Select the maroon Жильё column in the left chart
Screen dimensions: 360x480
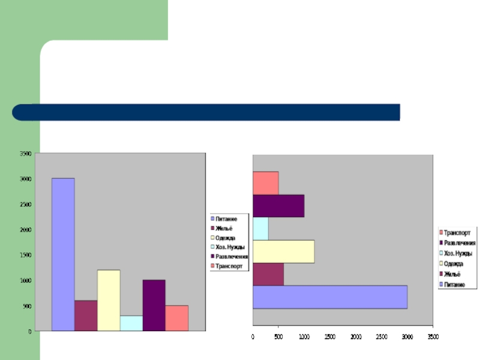point(86,315)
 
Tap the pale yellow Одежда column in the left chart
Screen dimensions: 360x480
point(109,300)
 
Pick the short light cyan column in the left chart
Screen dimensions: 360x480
point(131,323)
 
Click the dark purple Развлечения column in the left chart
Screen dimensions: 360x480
point(154,305)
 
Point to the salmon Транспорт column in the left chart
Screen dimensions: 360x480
point(176,318)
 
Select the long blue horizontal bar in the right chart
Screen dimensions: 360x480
point(330,297)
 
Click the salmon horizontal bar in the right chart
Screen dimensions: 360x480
point(265,183)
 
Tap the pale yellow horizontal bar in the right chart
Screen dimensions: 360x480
point(283,251)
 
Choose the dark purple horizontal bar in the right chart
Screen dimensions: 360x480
point(278,206)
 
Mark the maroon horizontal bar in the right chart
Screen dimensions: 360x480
point(268,274)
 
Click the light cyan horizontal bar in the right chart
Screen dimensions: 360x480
point(260,229)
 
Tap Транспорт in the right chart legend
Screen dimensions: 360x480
point(457,232)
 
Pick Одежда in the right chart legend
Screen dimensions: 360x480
point(454,263)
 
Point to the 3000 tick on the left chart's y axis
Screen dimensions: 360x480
point(25,179)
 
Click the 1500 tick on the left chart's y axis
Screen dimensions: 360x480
point(25,255)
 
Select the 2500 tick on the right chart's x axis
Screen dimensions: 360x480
point(382,337)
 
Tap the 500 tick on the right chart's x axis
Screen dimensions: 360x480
point(278,337)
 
